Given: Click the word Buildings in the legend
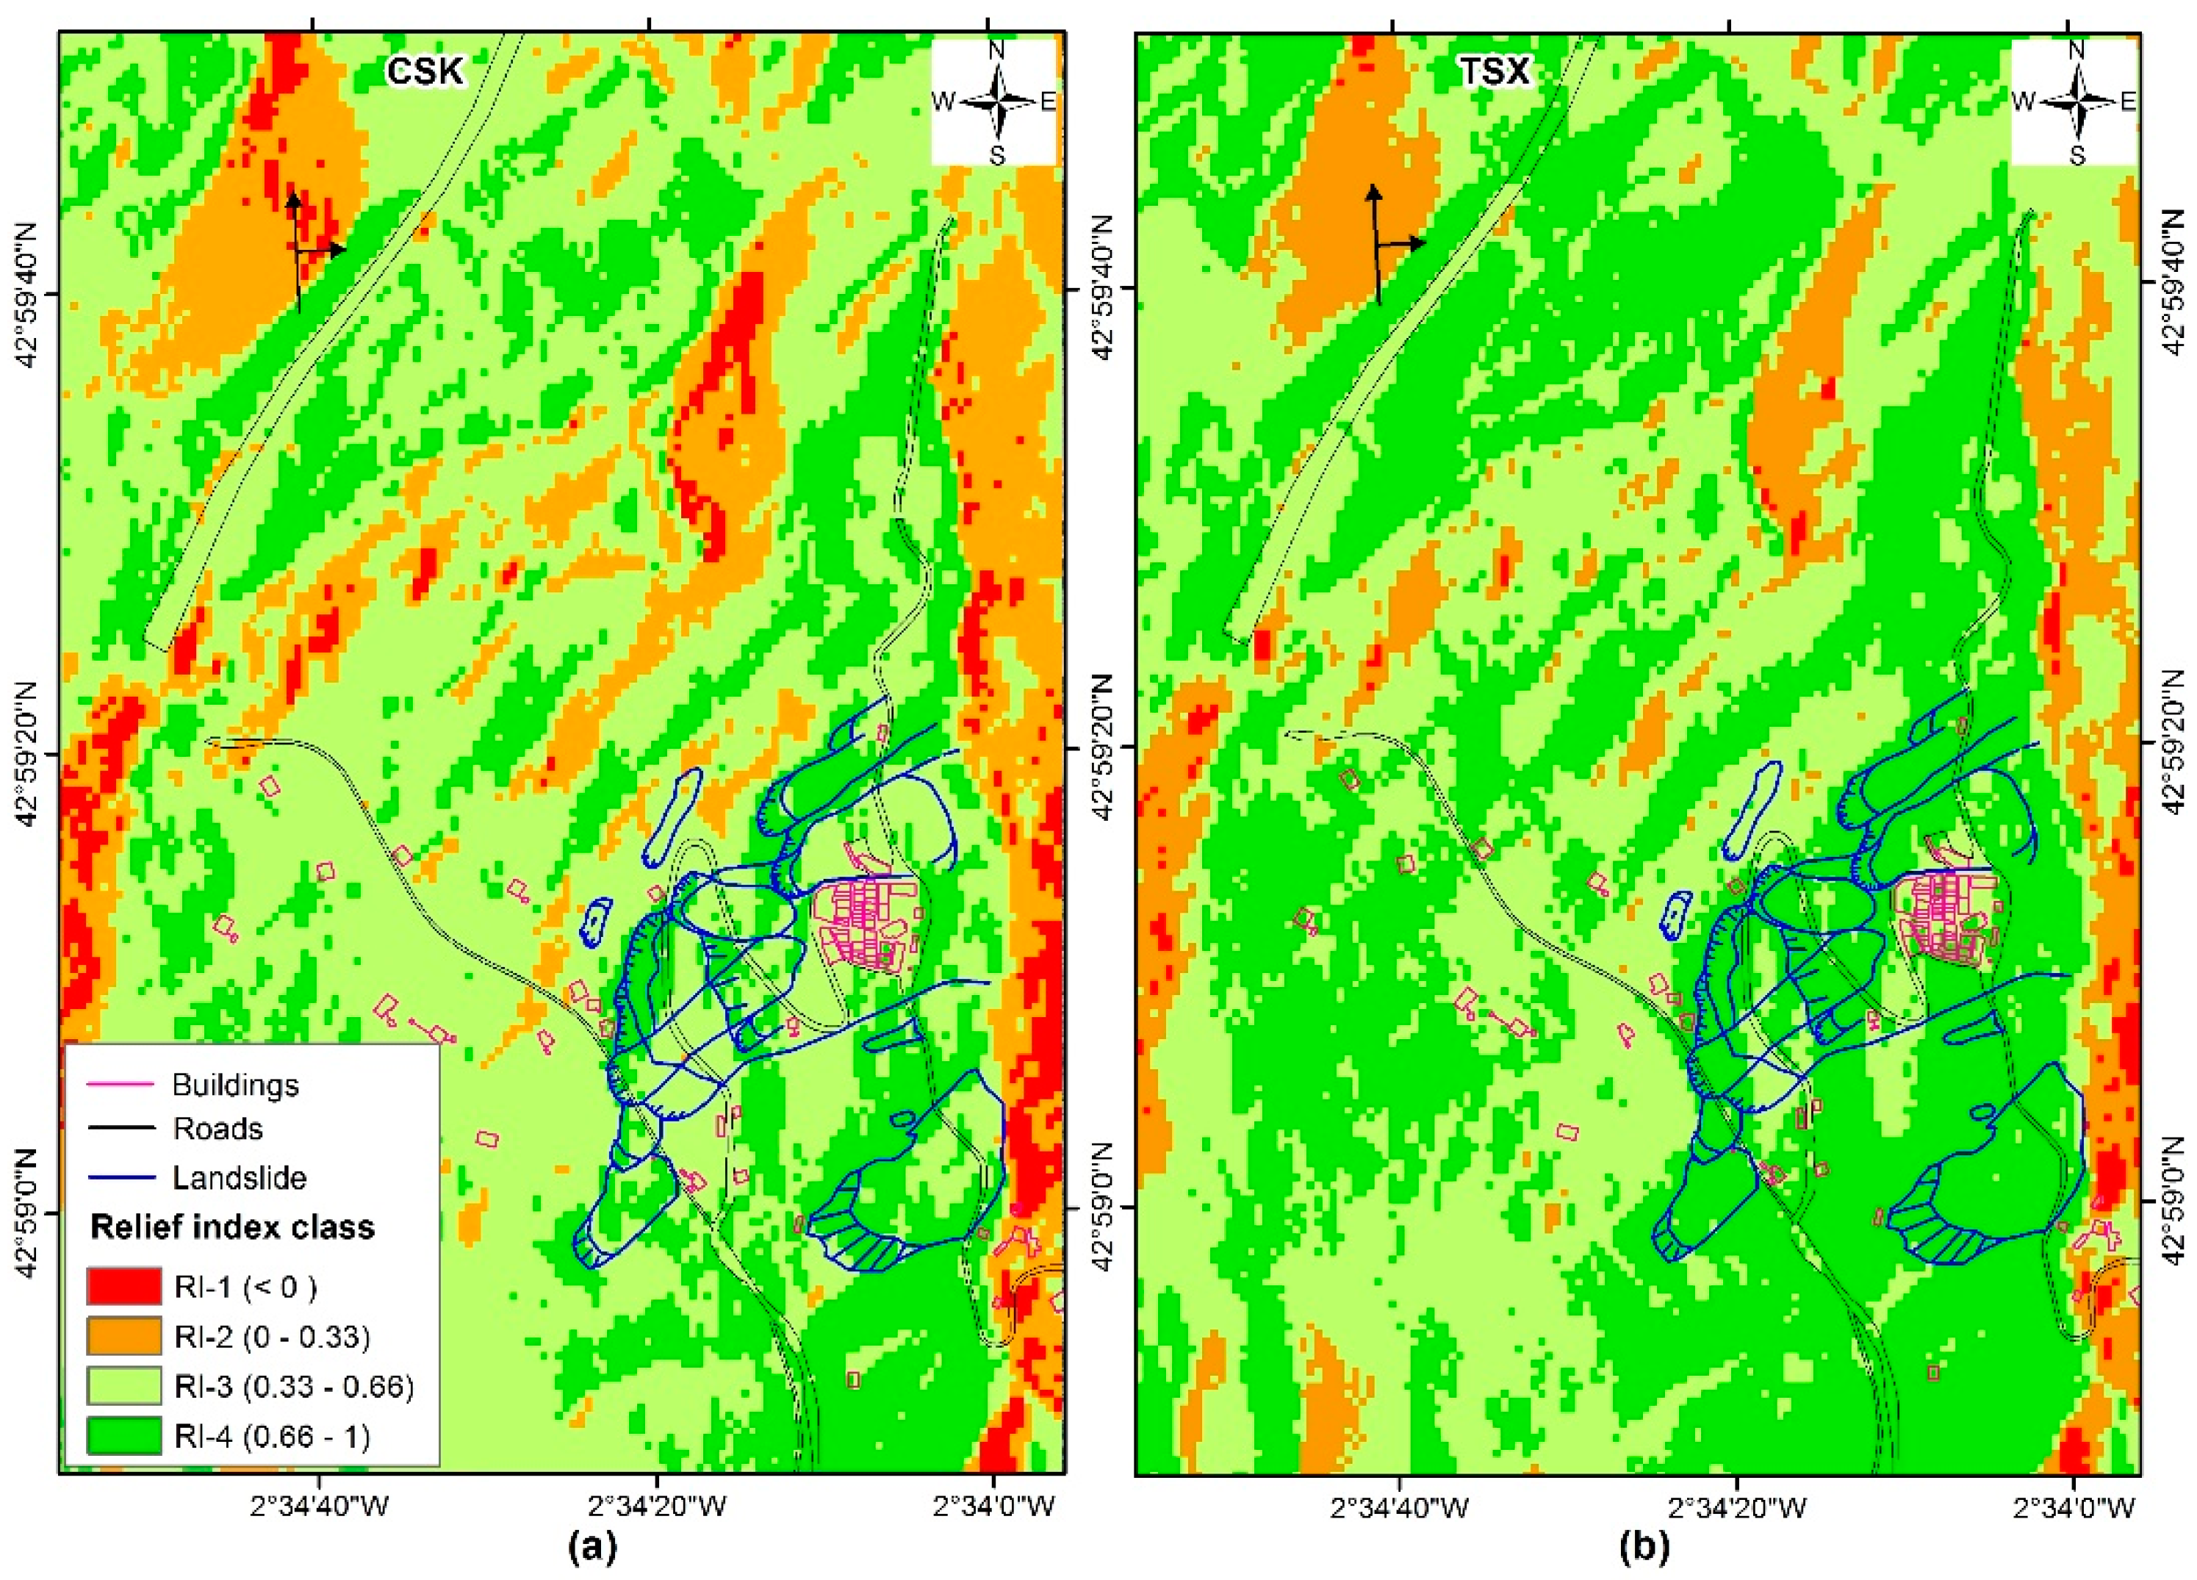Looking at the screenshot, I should pos(235,1084).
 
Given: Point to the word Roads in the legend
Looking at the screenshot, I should pos(218,1129).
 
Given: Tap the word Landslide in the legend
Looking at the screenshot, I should pos(240,1178).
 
